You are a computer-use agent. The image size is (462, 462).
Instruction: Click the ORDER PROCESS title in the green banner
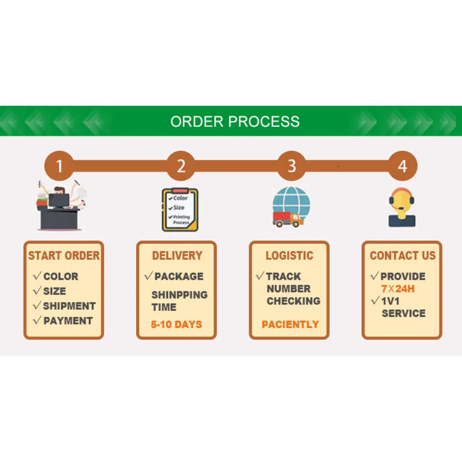pos(235,122)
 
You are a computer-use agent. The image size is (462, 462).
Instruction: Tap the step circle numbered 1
pos(59,166)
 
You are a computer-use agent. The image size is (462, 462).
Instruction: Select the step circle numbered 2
pos(181,166)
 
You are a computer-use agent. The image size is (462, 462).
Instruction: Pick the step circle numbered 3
pos(292,166)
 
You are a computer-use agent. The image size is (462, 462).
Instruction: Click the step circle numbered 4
pos(402,166)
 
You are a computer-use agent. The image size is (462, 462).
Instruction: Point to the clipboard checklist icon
pos(180,209)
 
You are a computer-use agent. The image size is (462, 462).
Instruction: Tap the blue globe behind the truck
pos(292,203)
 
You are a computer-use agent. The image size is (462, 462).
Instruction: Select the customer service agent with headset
pos(402,207)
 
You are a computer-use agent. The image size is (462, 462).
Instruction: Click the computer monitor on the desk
pos(59,201)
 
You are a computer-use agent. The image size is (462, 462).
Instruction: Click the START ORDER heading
pos(64,255)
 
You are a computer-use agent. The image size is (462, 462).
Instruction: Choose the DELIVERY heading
pos(177,255)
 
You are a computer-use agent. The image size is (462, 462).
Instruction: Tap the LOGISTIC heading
pos(289,255)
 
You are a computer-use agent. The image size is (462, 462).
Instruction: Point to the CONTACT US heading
pos(402,255)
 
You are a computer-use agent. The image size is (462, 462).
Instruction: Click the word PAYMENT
pos(68,321)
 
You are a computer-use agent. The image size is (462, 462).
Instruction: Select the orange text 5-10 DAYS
pos(176,324)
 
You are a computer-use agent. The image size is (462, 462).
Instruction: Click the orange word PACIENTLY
pos(290,324)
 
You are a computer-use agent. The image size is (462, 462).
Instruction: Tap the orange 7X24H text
pos(398,289)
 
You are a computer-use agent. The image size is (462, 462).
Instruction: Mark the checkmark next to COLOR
pos(37,276)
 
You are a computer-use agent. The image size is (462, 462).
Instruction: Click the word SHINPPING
pos(179,295)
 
